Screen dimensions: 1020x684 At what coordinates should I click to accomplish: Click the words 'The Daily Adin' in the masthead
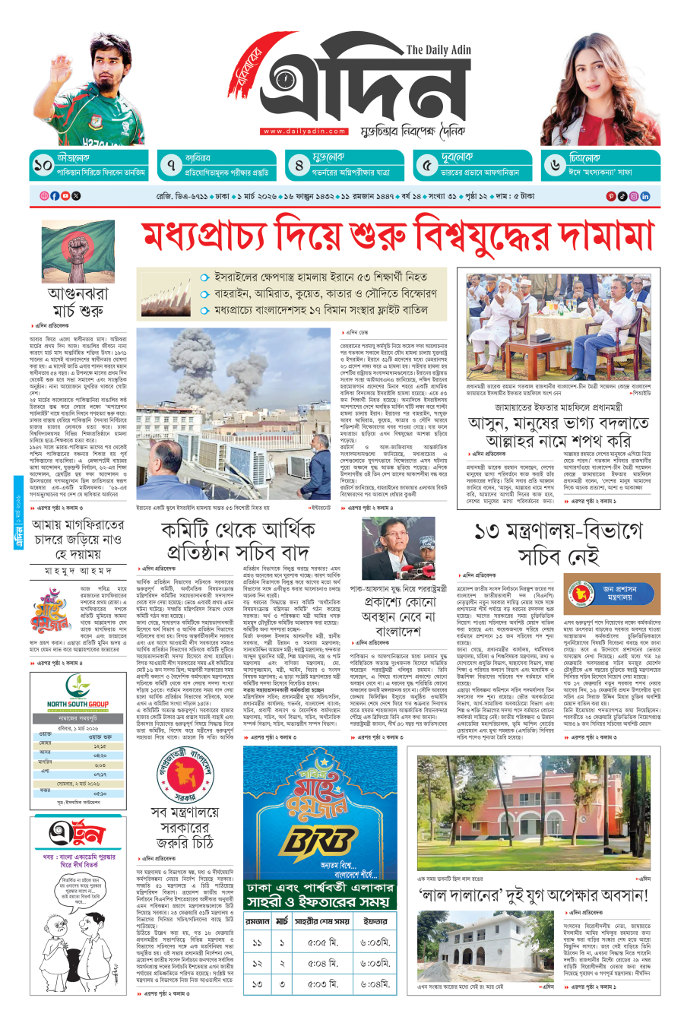[x=439, y=50]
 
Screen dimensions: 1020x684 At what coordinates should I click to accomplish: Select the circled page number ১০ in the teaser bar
[x=43, y=165]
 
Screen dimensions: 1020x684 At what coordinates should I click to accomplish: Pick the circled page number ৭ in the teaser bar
[x=171, y=165]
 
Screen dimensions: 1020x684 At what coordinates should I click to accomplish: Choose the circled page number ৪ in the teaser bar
[x=299, y=165]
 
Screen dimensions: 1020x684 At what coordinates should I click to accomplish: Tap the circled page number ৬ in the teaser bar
[x=555, y=165]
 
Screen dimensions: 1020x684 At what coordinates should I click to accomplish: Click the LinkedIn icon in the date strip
[x=645, y=196]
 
